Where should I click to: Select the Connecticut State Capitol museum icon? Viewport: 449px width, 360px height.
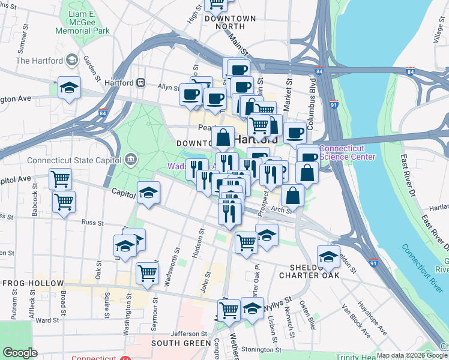coord(130,160)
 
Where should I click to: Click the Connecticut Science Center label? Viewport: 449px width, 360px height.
coord(348,153)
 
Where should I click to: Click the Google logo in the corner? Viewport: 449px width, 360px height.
coord(19,353)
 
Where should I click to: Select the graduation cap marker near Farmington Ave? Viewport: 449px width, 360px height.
coord(70,88)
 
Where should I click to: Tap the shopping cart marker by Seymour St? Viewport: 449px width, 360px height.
coord(147,273)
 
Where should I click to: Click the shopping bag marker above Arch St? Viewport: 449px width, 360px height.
coord(292,195)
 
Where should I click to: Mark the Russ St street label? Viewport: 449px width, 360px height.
coord(92,222)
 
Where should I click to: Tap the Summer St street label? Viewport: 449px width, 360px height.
coord(23,42)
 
